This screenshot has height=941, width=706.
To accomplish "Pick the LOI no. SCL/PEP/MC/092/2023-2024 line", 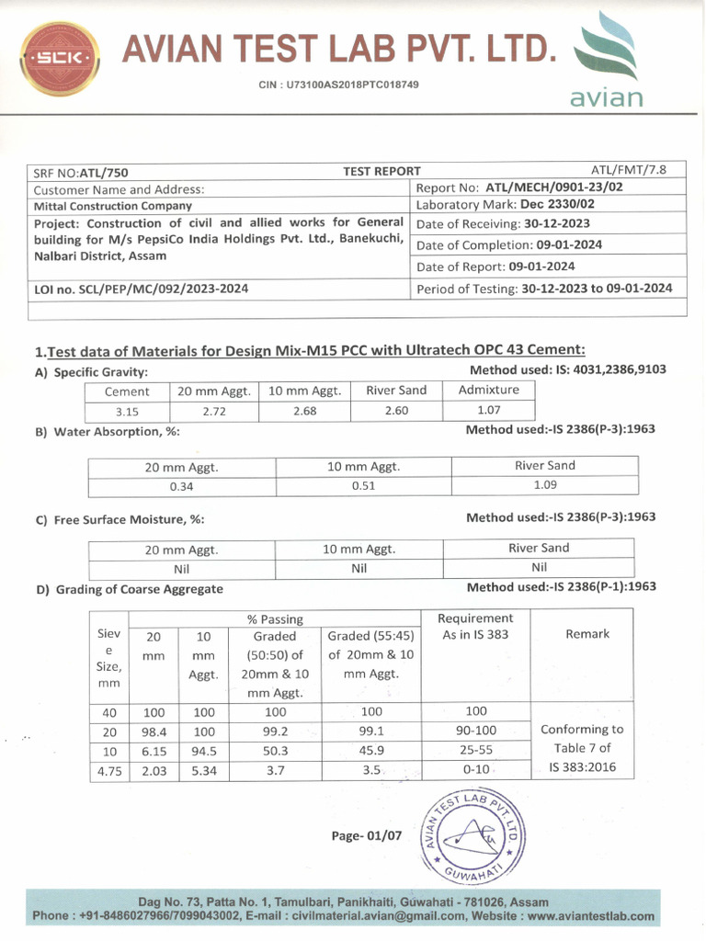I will tap(141, 289).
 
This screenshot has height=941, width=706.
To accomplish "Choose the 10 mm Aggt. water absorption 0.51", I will tap(363, 486).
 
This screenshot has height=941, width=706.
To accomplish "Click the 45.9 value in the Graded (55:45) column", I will tap(370, 751).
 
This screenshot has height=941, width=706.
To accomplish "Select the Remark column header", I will tap(586, 634).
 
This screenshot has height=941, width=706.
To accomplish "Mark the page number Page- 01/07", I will tap(366, 836).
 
